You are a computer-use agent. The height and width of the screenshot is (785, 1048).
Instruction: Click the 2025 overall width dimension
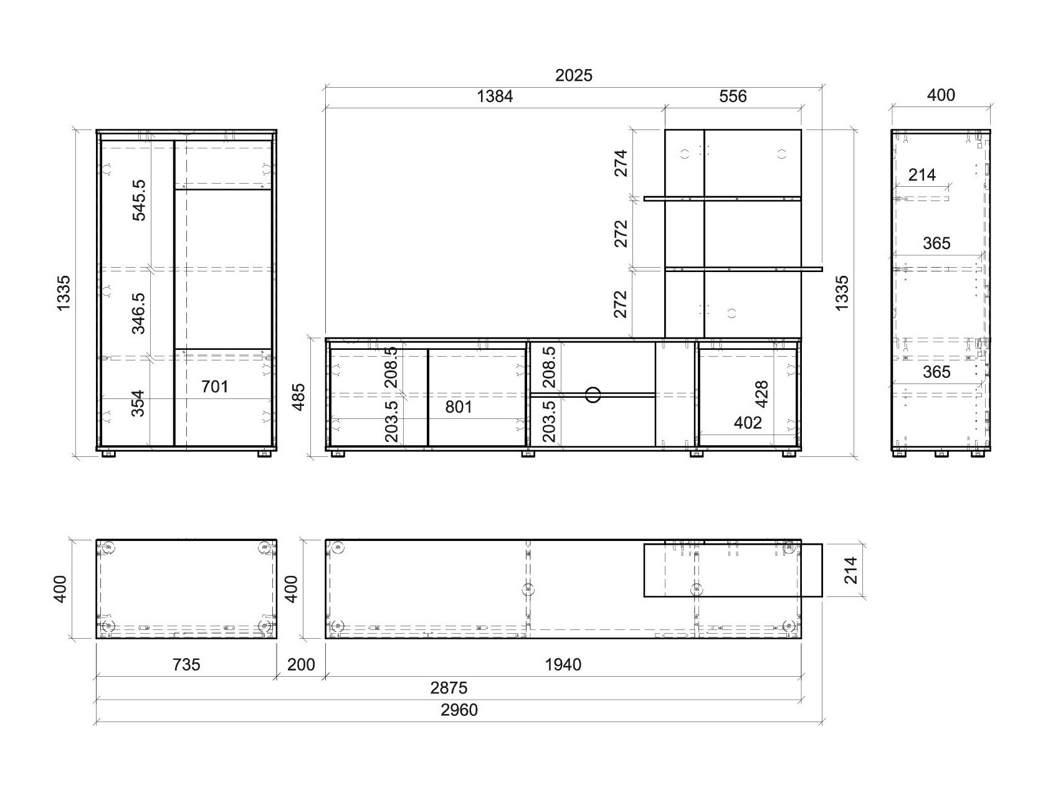pos(573,76)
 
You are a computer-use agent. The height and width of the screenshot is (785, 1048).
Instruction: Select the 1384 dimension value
pos(495,96)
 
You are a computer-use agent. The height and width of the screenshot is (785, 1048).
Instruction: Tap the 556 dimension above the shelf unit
pos(733,96)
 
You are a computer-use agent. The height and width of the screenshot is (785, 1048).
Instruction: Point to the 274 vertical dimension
pos(621,163)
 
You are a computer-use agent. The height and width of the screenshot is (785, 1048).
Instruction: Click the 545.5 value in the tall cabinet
pos(139,200)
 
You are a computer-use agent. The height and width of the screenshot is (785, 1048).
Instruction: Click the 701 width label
pos(215,387)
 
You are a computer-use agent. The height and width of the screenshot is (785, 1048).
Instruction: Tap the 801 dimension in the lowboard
pos(459,407)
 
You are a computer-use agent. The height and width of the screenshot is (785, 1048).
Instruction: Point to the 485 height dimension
pos(299,397)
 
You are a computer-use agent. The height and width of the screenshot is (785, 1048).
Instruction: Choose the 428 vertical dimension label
pos(761,393)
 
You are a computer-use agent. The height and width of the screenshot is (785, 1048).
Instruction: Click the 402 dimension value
pos(748,423)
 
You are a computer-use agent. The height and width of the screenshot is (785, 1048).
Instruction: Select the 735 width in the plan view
pos(186,665)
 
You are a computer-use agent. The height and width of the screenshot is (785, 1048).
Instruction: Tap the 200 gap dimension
pos(301,665)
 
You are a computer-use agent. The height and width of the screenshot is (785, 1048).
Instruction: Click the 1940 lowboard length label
pos(563,665)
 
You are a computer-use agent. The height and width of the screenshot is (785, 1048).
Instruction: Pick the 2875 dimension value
pos(449,688)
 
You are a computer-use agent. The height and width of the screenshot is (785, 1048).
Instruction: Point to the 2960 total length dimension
pos(459,710)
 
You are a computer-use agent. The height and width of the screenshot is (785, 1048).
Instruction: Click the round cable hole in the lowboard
pos(593,394)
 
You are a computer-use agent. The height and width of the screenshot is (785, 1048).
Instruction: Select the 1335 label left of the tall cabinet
pos(64,293)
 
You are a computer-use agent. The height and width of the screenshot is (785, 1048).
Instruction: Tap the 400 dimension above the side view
pos(941,95)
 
